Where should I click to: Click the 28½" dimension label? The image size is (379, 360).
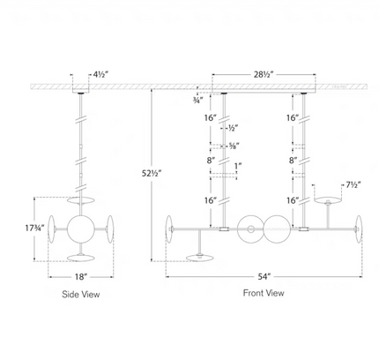[x=264, y=74]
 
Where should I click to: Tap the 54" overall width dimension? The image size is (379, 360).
[x=264, y=276]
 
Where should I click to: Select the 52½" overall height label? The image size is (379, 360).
[x=152, y=174]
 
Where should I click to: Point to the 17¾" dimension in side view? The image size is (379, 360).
[x=34, y=228]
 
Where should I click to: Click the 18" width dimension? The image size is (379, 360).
[x=81, y=277]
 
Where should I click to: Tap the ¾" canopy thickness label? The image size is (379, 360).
[x=197, y=101]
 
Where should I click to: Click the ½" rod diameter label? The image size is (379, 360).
[x=233, y=128]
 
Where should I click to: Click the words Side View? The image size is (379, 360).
[x=81, y=294]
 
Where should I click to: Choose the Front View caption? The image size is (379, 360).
[x=264, y=293]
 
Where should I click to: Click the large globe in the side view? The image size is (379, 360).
[x=80, y=229]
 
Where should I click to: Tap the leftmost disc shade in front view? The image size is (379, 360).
[x=169, y=229]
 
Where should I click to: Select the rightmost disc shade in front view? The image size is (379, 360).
[x=359, y=229]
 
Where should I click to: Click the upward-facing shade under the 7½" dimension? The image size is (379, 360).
[x=328, y=200]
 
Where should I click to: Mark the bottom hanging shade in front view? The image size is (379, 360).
[x=200, y=258]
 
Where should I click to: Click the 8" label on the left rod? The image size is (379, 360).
[x=211, y=161]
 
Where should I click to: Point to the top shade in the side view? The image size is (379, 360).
[x=80, y=200]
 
